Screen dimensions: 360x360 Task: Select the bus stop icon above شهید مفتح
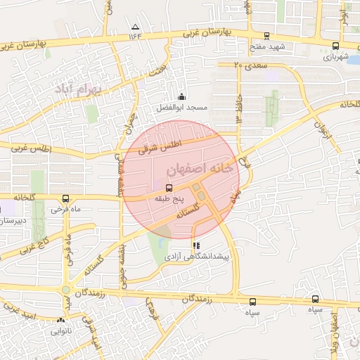click(x=266, y=36)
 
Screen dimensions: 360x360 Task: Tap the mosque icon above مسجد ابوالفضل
click(x=182, y=97)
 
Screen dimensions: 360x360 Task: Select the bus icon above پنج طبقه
click(x=169, y=188)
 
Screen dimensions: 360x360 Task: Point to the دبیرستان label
click(x=13, y=220)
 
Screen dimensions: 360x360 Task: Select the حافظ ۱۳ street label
click(x=239, y=107)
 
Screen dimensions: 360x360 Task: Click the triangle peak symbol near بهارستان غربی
click(x=134, y=26)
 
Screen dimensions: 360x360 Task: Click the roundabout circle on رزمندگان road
click(x=65, y=290)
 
